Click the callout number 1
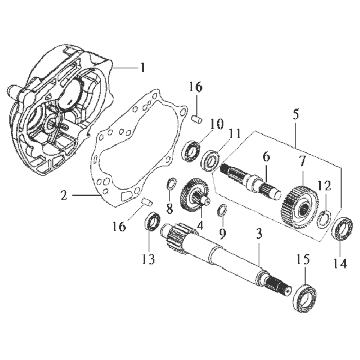click(142, 68)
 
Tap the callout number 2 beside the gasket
click(64, 195)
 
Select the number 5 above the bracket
click(296, 114)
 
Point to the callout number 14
click(340, 263)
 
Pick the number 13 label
click(148, 259)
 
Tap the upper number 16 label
click(195, 87)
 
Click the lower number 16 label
click(120, 227)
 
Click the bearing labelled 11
click(211, 160)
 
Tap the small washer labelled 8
click(171, 184)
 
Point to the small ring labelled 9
click(222, 211)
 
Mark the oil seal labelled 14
click(343, 228)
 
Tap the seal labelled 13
click(153, 221)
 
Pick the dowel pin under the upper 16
click(196, 119)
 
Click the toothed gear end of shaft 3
click(178, 236)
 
